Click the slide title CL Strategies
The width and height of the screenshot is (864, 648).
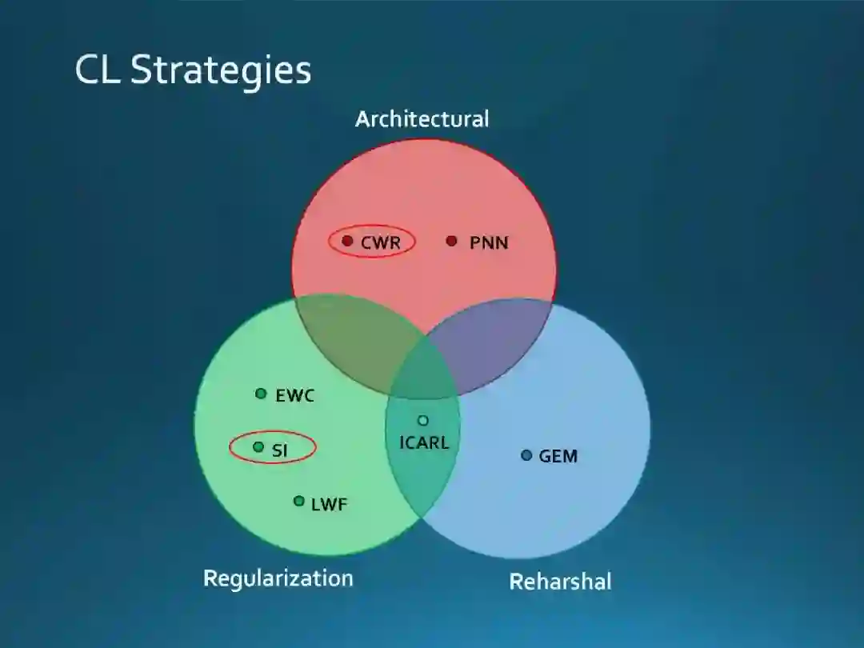point(193,70)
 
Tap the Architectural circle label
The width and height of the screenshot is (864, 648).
point(422,119)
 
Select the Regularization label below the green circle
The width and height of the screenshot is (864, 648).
point(278,578)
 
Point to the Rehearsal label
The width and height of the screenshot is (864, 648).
point(560,581)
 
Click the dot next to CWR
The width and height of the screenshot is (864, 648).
point(347,241)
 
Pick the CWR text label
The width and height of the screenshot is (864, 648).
point(381,242)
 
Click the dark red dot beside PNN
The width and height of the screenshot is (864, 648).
point(451,241)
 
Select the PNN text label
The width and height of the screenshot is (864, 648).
point(489,242)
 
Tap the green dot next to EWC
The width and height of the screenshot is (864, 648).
point(261,394)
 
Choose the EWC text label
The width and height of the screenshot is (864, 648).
point(295,395)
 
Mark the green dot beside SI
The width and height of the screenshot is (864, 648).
point(258,447)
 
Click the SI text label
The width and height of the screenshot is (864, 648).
point(279,450)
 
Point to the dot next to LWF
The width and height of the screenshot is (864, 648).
point(298,501)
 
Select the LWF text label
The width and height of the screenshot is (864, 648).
point(329,504)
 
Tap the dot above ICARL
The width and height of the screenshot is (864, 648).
point(423,420)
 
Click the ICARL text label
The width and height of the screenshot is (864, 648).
point(424,442)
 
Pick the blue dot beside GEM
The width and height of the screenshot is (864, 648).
point(526,455)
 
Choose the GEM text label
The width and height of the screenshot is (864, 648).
point(558,456)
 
